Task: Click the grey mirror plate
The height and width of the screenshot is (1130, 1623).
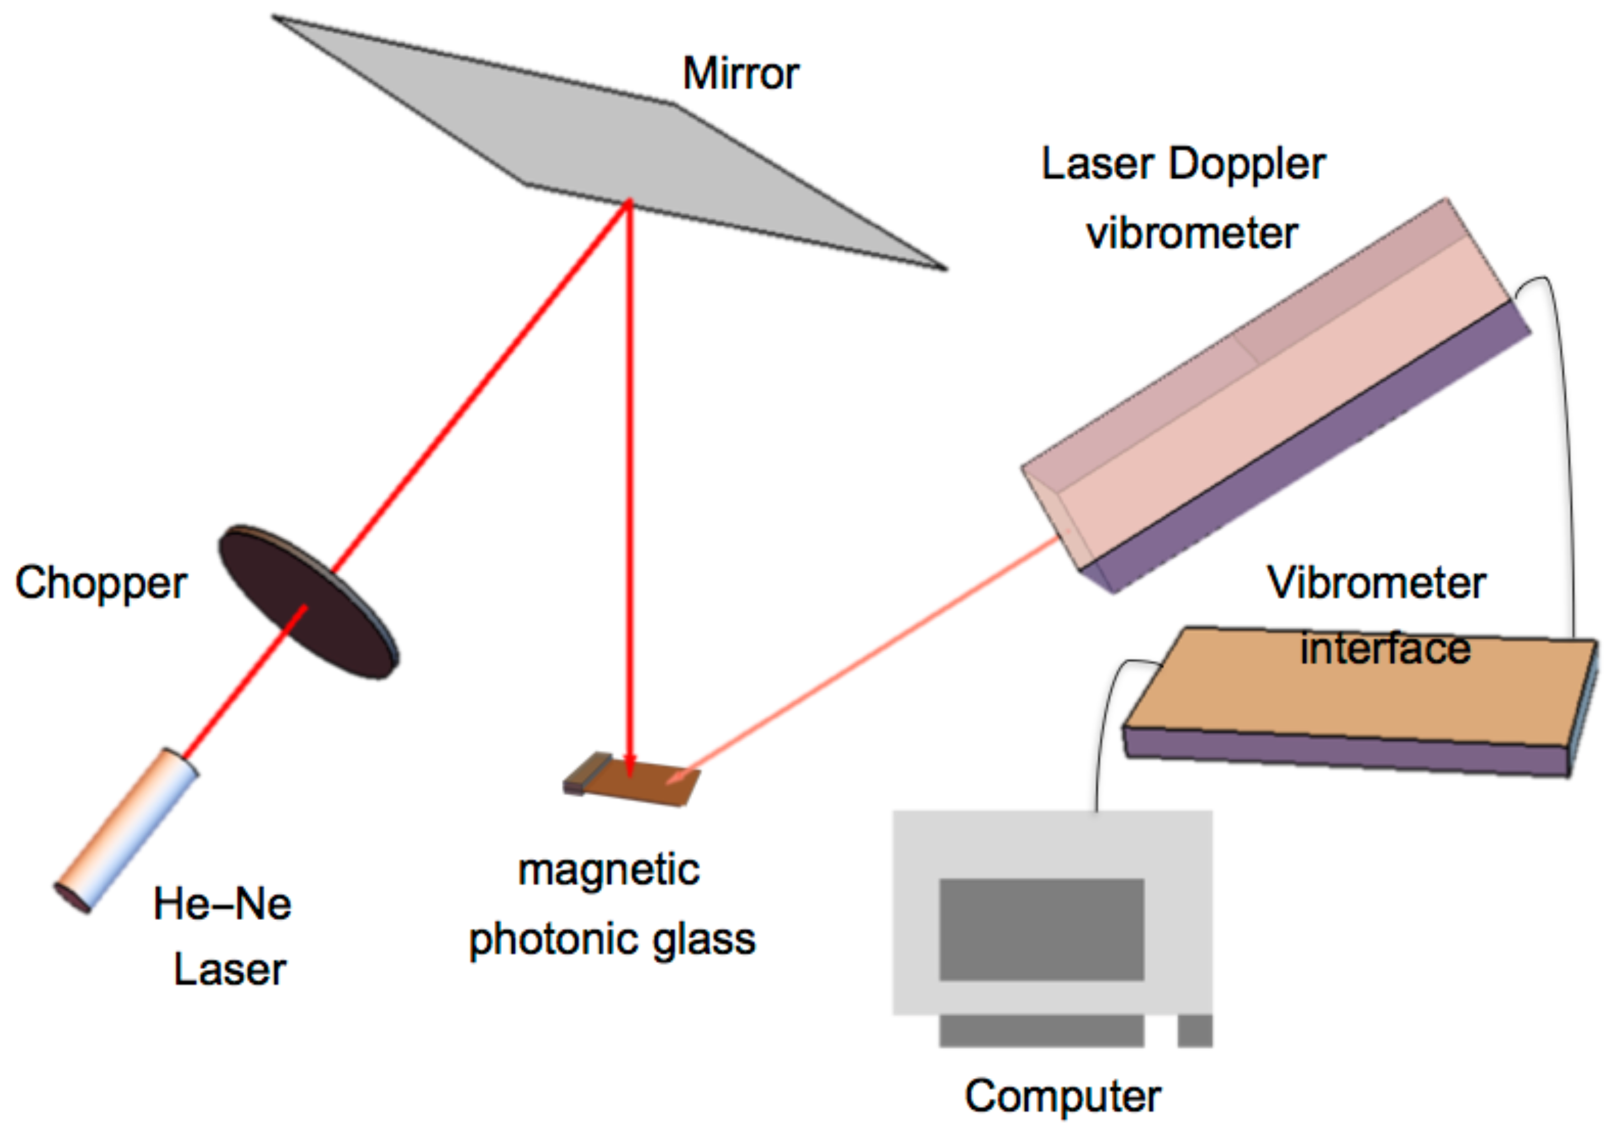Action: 608,141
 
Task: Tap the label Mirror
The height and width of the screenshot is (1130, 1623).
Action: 740,73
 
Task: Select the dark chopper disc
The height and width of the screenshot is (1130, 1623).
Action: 308,602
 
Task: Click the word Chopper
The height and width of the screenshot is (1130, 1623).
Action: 101,584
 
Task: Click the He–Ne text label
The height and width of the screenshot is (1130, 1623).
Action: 222,905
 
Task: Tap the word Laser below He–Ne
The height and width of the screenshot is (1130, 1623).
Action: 230,970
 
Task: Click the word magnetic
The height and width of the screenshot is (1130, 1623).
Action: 609,870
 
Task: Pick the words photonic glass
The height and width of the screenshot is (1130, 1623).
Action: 612,940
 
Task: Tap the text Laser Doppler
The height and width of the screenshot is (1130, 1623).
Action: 1183,165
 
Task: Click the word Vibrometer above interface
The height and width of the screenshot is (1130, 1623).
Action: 1376,584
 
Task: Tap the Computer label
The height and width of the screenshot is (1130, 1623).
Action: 1062,1097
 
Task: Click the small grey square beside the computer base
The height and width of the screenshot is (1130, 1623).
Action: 1194,1031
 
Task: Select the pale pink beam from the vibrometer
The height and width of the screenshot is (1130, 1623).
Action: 869,654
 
